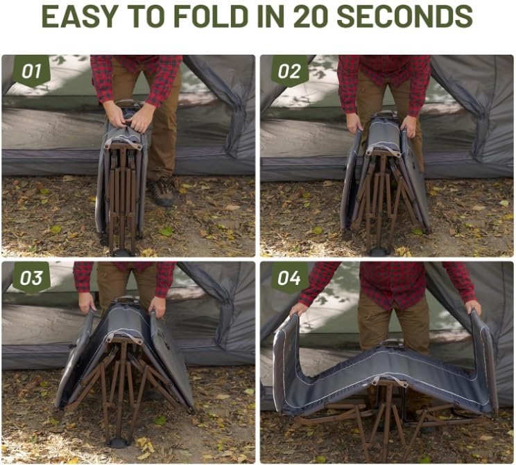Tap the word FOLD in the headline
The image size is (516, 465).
(211, 16)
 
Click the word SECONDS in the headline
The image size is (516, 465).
(405, 16)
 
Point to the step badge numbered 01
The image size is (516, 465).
(31, 71)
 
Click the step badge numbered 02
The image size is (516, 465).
(289, 71)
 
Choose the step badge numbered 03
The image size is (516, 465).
(31, 278)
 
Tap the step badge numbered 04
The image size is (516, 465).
(289, 278)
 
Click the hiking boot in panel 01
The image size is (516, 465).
(162, 193)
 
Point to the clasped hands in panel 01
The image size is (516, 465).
(129, 116)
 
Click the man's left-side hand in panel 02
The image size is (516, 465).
(355, 123)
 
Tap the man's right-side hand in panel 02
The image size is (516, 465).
(409, 127)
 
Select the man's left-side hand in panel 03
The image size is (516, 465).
(87, 303)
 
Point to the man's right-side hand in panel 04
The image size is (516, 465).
(473, 307)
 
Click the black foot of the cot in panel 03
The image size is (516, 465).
(119, 443)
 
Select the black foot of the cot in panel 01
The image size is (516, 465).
(121, 252)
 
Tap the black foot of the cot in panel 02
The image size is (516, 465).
(380, 252)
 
